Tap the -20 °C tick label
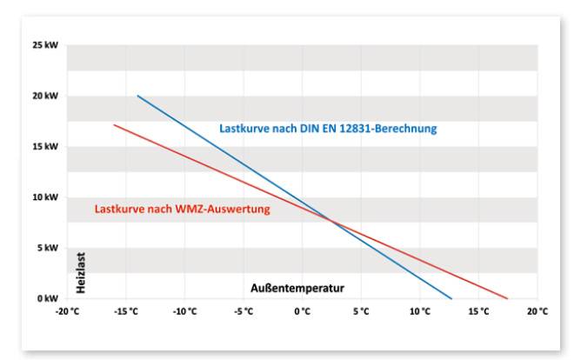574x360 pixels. (67, 311)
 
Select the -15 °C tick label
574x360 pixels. (126, 311)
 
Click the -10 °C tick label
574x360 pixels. (185, 311)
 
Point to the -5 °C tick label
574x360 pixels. (244, 311)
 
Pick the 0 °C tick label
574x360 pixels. (303, 311)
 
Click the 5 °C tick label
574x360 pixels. (362, 311)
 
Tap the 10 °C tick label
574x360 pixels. (420, 311)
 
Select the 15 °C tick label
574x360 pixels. (479, 311)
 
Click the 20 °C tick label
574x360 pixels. (537, 311)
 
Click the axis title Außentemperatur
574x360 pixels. (298, 287)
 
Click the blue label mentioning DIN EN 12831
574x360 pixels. (327, 129)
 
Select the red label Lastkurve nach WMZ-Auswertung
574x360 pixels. (182, 209)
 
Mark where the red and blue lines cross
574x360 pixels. (331, 219)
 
